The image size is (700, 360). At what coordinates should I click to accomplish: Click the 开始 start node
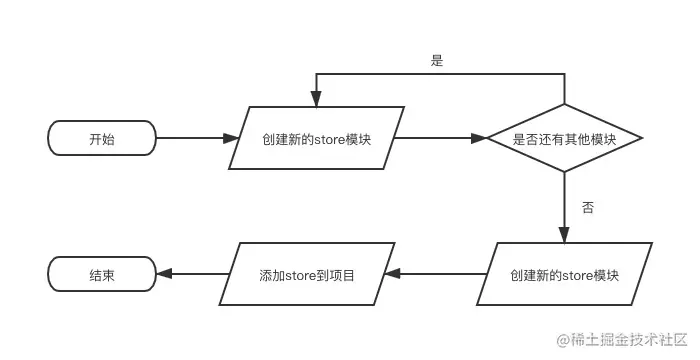(x=101, y=139)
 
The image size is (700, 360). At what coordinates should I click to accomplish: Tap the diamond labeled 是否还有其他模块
(x=563, y=139)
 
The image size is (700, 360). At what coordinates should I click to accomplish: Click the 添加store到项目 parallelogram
(x=307, y=274)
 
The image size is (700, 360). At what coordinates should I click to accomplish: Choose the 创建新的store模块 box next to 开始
(x=316, y=139)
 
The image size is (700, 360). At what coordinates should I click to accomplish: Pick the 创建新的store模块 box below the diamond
(x=565, y=274)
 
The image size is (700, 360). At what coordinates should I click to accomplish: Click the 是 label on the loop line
(x=436, y=61)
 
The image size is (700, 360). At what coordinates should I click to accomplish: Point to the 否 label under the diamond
(x=588, y=208)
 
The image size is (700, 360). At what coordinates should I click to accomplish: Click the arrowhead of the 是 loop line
(x=316, y=100)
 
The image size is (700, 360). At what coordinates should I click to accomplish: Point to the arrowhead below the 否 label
(x=564, y=235)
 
